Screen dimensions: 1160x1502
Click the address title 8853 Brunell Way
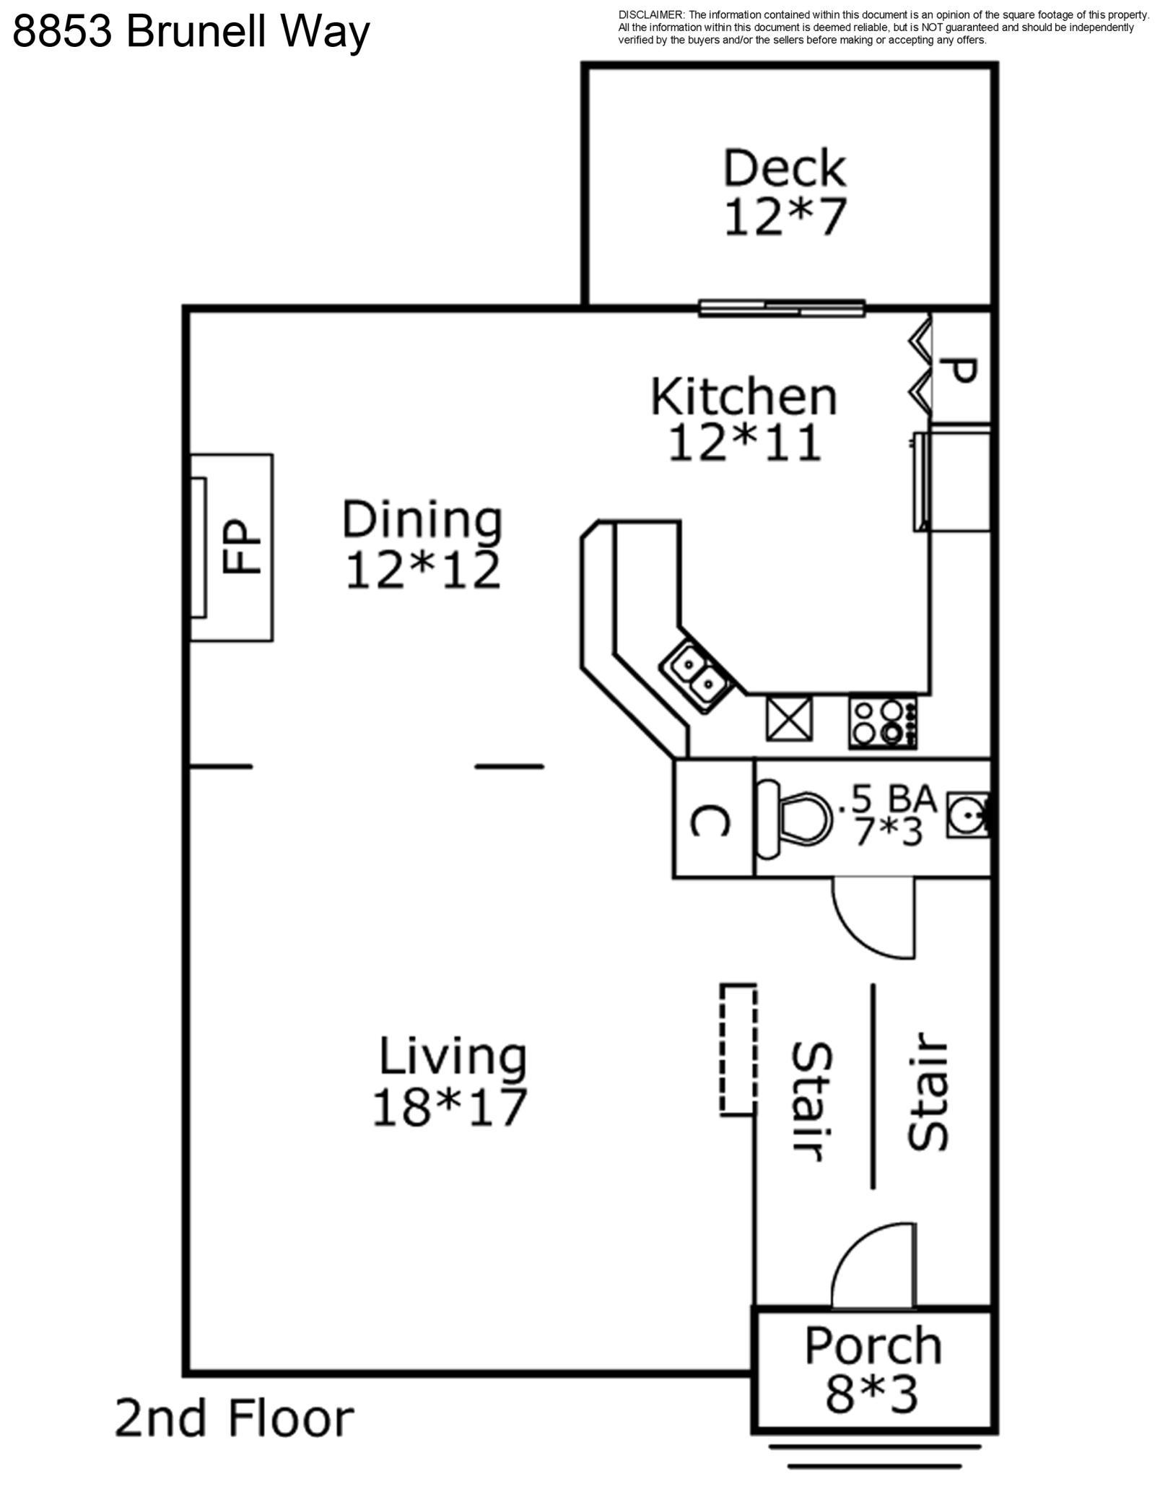point(191,32)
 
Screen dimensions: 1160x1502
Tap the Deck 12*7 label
point(785,192)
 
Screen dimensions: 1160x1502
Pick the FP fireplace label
point(241,547)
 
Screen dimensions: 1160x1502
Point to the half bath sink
point(967,816)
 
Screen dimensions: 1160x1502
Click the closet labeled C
point(712,820)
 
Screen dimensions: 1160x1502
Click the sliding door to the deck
point(782,308)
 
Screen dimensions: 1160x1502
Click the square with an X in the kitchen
point(789,719)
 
